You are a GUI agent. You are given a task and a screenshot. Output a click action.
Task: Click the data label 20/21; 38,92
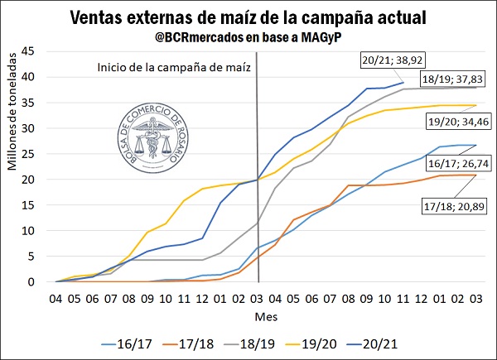[x=393, y=60]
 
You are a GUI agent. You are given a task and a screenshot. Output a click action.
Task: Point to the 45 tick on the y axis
[x=40, y=51]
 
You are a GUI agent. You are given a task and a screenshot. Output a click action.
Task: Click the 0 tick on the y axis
[x=43, y=282]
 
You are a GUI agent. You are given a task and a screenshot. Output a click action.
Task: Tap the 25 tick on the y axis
[x=40, y=154]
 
